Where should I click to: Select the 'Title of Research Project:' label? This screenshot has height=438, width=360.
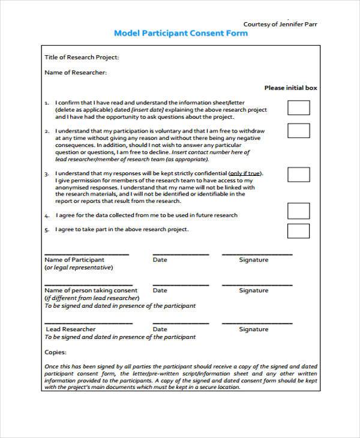82,58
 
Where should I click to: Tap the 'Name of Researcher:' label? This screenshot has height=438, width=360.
76,73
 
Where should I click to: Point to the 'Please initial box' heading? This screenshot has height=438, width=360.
290,88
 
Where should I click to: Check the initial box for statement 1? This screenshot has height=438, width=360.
298,107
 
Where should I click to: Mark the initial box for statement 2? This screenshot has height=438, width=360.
298,130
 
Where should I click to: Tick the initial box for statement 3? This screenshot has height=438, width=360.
298,174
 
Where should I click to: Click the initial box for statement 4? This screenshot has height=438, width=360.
298,211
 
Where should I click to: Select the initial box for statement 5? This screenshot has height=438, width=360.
298,230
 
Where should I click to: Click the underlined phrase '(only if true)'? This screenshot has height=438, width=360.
247,173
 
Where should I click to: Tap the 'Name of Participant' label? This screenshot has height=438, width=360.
75,260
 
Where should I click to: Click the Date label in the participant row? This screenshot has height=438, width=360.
160,260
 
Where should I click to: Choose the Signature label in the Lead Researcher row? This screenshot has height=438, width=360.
254,329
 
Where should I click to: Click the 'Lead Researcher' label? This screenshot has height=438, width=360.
71,329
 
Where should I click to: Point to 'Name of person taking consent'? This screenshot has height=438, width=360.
91,290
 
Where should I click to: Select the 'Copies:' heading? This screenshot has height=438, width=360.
56,353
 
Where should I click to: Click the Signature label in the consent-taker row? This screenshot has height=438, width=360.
254,290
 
